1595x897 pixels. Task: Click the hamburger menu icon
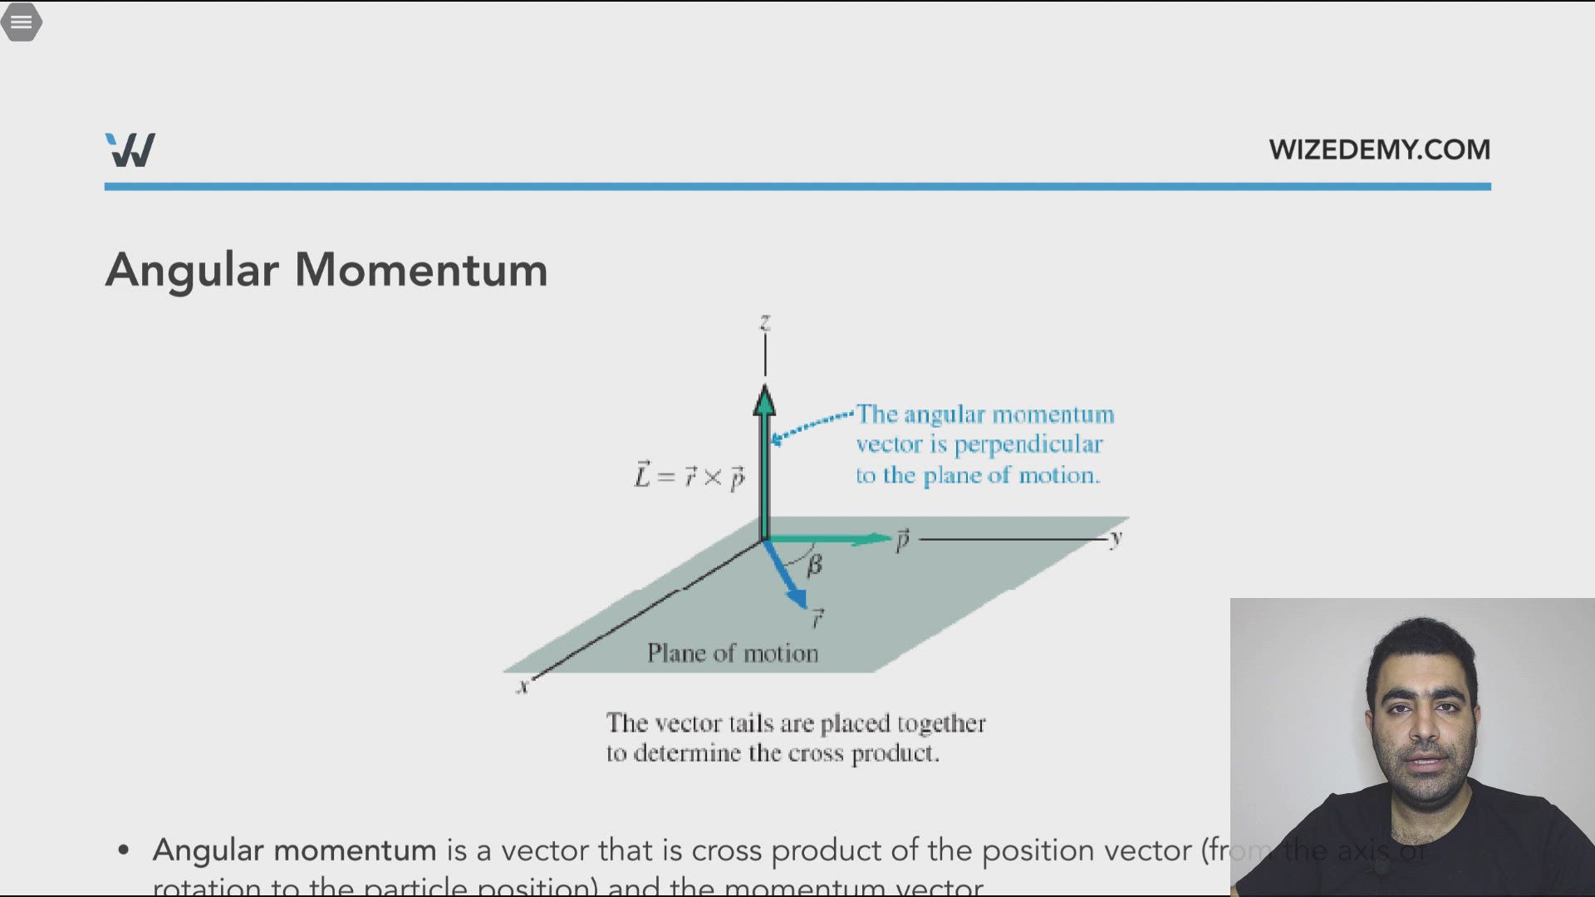22,22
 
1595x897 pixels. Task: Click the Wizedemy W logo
130,150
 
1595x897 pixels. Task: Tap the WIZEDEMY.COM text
1379,149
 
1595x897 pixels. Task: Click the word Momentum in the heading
421,270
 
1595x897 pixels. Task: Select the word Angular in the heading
192,270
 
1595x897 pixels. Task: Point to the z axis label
765,322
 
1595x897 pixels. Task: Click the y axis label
1116,537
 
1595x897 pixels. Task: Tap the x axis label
523,687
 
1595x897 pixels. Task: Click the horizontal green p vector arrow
831,539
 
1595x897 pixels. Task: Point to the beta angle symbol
814,565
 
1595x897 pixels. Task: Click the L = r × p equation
690,476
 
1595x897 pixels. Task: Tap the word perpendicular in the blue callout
1028,444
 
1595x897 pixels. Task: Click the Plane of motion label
733,654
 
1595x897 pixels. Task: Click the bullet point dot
124,850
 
